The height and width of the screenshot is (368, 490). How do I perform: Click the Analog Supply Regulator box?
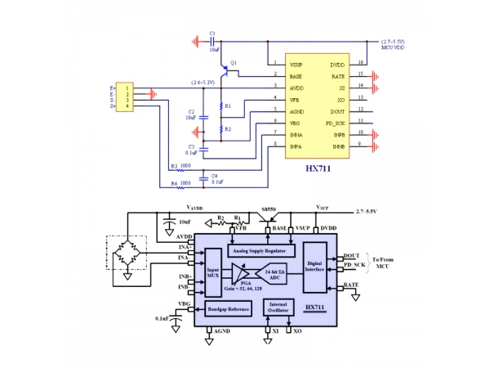tap(259, 250)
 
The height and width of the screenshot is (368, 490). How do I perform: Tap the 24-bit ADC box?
tap(276, 275)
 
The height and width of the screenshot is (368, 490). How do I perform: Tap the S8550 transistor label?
tap(268, 209)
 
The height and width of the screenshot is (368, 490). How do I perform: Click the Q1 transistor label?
tap(234, 63)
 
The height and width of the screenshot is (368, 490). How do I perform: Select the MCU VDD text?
tap(394, 48)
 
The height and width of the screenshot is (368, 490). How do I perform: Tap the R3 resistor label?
tap(173, 166)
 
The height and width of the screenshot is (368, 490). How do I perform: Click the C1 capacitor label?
tap(212, 34)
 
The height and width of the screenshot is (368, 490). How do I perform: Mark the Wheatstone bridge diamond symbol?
tap(127, 254)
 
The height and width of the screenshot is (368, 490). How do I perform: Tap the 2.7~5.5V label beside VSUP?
tap(371, 211)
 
